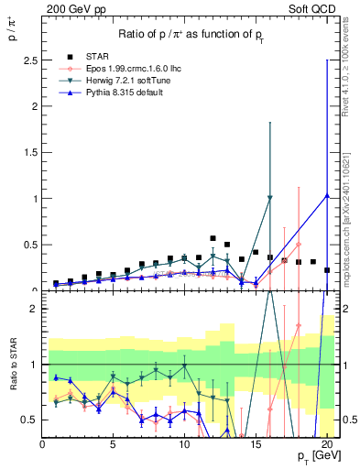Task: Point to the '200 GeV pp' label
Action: click(x=70, y=8)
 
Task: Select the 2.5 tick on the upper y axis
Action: click(x=30, y=60)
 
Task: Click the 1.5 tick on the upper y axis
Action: click(x=30, y=153)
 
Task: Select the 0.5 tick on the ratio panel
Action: click(x=30, y=420)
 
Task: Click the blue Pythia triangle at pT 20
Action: click(x=327, y=195)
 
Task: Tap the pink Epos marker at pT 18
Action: click(x=298, y=245)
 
